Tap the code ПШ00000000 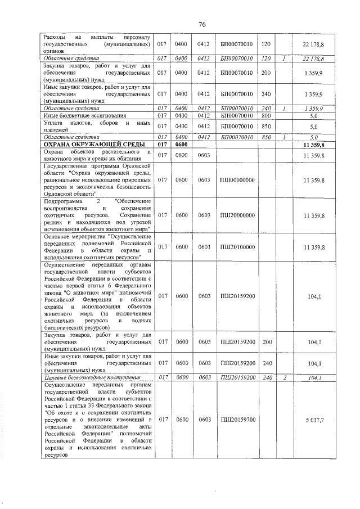237,180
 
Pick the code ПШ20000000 237,215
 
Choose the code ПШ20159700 237,420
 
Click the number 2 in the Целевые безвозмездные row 285,377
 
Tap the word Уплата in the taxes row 54,123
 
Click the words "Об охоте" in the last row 58,412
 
